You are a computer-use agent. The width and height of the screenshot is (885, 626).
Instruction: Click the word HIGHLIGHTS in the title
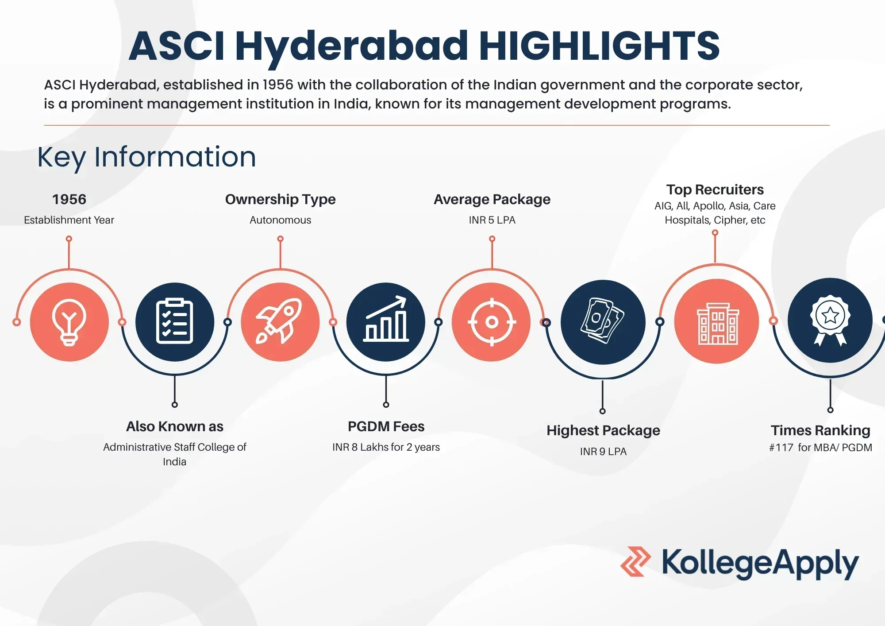coord(600,46)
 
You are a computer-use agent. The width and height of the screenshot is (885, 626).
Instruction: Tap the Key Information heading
coord(146,157)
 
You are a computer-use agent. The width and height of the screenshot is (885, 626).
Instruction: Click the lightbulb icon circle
coord(69,322)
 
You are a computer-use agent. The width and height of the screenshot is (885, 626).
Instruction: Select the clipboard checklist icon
coord(175,322)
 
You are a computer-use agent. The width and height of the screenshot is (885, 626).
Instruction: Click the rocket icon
coord(280,322)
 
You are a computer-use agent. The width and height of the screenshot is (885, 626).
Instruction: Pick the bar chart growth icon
coord(386,322)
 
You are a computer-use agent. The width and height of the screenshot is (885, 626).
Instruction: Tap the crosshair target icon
coord(492,322)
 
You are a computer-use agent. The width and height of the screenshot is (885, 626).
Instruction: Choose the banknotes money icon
coord(603,322)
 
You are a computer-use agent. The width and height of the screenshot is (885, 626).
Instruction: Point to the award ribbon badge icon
coord(830,320)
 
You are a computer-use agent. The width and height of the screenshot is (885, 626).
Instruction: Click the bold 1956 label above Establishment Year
coord(69,199)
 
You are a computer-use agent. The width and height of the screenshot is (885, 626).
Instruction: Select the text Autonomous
coord(280,220)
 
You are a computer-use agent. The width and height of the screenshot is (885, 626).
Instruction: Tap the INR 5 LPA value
coord(492,220)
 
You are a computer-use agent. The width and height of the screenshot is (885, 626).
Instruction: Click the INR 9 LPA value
coord(603,452)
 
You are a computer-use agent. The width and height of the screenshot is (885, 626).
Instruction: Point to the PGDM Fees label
coord(386,426)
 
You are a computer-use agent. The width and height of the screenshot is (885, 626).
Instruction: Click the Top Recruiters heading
coord(715,189)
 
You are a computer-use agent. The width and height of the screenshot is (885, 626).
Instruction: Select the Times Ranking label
coord(820,430)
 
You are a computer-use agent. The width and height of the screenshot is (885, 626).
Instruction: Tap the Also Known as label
coord(175,426)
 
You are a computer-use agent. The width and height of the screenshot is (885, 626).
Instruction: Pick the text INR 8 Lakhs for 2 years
coord(386,447)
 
